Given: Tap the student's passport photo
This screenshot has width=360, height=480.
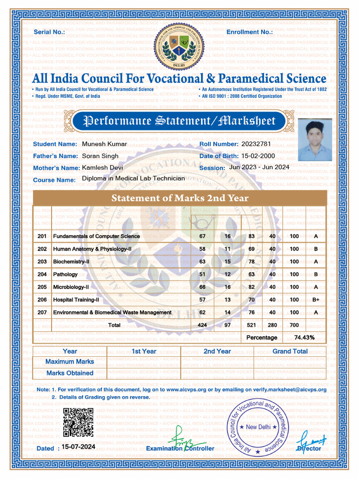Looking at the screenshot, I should coord(315,140).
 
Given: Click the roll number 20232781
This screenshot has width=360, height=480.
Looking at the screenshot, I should coord(256,144).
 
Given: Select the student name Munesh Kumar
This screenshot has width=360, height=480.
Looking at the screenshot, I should coord(104,144).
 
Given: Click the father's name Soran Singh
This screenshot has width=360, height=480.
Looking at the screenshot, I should coord(100,156).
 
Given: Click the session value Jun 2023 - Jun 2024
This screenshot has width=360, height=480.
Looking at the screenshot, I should coord(259,167).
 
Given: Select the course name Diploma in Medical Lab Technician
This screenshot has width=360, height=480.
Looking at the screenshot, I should coord(133,179).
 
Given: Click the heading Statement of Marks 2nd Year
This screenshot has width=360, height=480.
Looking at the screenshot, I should coord(180,198).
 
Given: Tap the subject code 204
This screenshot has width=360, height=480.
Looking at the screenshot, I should coord(42,274).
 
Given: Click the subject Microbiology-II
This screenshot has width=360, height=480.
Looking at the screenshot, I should coord(71,287).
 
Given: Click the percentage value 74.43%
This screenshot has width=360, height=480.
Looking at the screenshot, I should coord(304,337).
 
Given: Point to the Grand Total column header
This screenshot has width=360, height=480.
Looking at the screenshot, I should coord(290,351).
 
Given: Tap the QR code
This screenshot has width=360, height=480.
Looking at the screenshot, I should coord(78,422).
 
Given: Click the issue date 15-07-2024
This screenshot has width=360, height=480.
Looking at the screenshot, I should coord(78,447).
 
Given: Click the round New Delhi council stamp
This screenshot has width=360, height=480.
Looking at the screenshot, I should coord(258,427).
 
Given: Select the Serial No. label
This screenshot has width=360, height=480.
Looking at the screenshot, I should coord(49,32).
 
